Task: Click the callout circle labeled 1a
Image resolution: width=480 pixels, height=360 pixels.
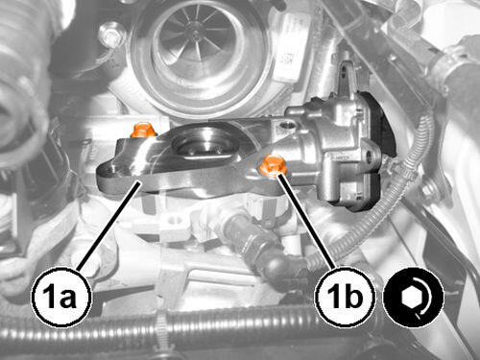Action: tap(60, 298)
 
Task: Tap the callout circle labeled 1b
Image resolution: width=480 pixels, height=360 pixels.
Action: tap(346, 298)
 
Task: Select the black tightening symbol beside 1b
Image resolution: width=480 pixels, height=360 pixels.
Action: tap(414, 298)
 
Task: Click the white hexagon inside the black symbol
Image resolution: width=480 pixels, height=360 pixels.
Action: tap(408, 298)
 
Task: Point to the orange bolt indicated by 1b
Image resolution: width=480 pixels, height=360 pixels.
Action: tap(273, 166)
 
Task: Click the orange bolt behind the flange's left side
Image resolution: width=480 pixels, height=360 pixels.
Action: tap(144, 130)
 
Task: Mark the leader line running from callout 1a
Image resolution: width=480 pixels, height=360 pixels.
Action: tap(108, 224)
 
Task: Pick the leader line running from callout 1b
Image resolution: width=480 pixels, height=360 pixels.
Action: tap(307, 221)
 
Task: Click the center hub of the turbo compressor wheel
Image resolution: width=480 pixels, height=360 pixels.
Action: tap(196, 33)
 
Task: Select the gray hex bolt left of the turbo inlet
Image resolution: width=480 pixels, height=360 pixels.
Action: tap(111, 35)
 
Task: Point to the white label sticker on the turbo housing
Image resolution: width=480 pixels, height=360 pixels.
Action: tap(290, 48)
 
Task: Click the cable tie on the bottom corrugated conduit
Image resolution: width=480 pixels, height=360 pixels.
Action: tap(163, 333)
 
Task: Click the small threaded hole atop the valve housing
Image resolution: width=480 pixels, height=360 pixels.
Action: tap(284, 125)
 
